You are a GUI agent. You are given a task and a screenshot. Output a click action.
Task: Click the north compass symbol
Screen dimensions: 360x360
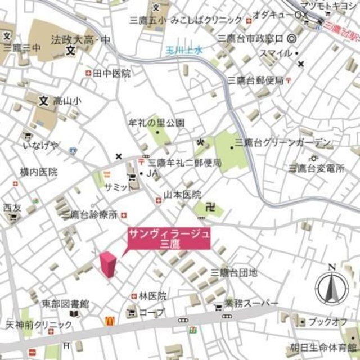(332, 286)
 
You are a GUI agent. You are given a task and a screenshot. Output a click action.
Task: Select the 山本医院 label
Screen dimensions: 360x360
(182, 195)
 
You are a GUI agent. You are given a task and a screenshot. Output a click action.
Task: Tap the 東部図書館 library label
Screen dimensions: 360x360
(65, 303)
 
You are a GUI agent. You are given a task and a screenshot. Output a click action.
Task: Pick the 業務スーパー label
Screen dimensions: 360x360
(251, 303)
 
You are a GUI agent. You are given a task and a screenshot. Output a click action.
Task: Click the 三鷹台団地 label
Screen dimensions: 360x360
(234, 273)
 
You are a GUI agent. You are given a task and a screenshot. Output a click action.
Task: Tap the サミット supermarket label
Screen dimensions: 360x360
(116, 188)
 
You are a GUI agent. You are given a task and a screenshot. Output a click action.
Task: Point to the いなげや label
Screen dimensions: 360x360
(40, 146)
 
